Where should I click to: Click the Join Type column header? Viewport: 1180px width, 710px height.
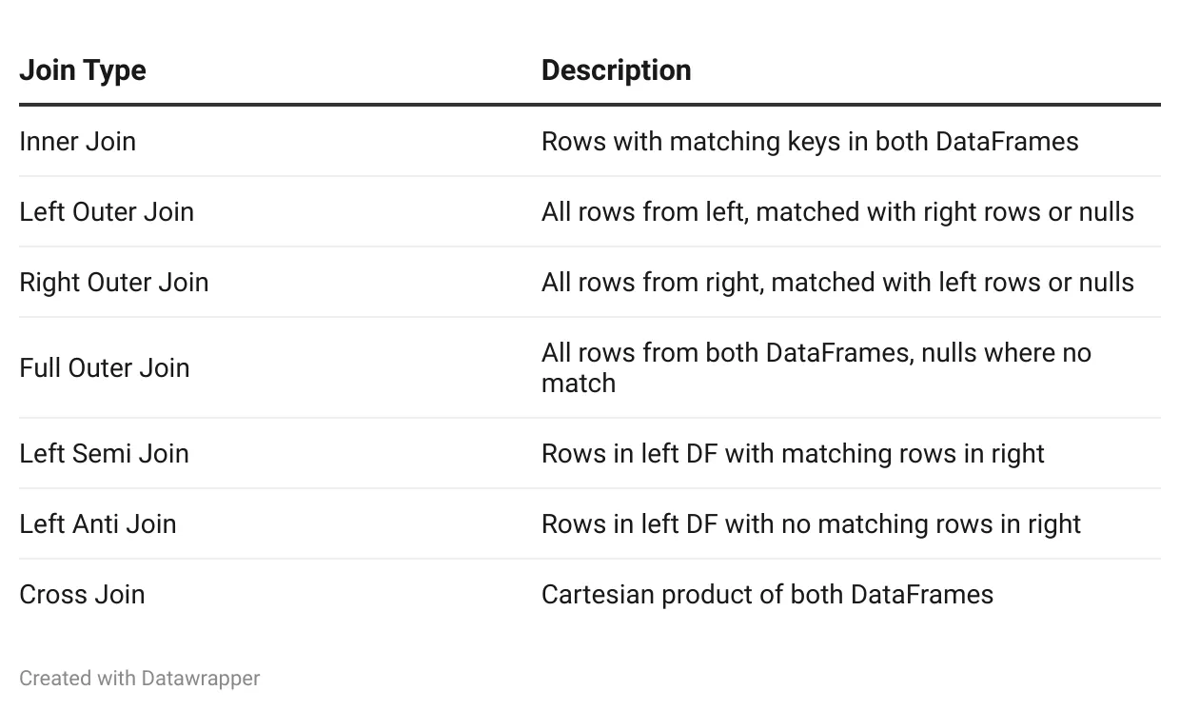tap(83, 70)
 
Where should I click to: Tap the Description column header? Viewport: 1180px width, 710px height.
tap(617, 70)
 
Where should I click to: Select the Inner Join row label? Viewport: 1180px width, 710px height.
tap(77, 142)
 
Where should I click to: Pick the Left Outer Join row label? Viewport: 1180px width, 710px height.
tap(107, 212)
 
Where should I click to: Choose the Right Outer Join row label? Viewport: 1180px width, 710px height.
tap(114, 283)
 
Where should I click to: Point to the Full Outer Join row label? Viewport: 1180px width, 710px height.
tap(105, 368)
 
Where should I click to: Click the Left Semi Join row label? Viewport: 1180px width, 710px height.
tap(104, 454)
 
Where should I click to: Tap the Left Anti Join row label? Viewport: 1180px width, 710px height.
tap(97, 524)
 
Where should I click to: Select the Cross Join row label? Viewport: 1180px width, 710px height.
tap(82, 595)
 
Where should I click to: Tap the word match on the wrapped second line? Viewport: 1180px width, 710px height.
tap(579, 384)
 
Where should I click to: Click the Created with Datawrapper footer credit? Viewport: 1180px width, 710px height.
tap(140, 679)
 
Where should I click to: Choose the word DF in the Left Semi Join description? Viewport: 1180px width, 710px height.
tap(701, 454)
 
